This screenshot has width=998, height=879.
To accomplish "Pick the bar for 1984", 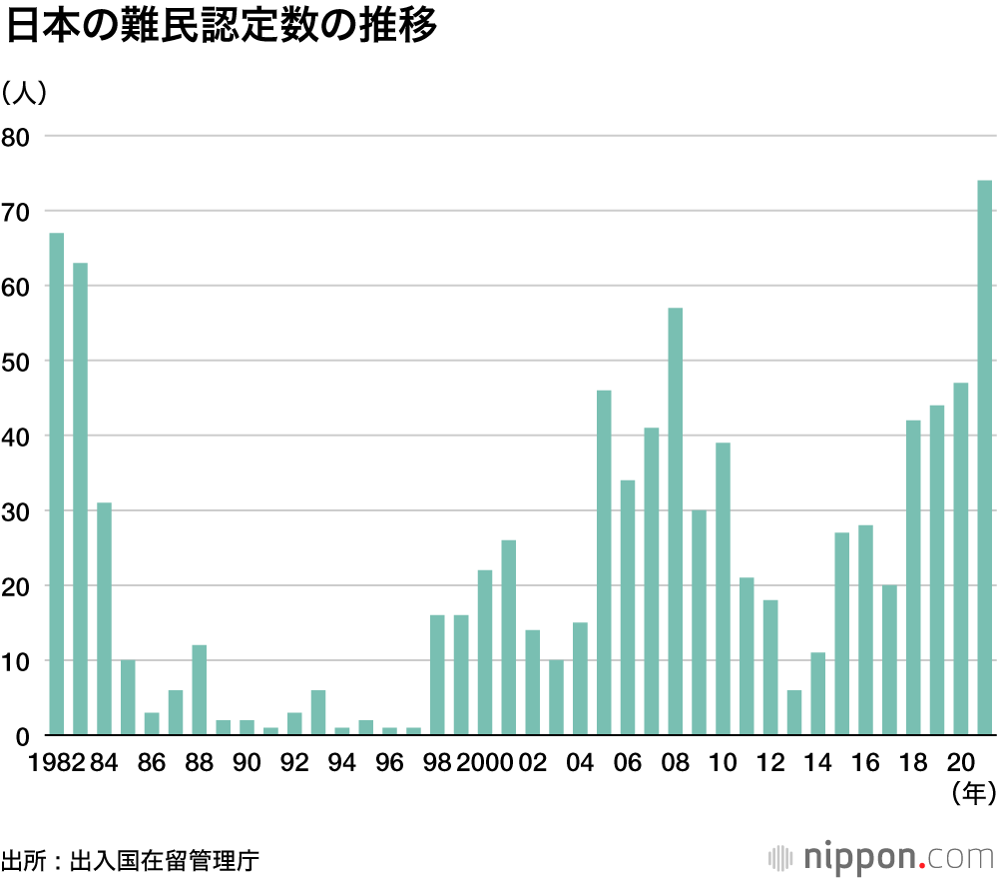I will pos(104,619).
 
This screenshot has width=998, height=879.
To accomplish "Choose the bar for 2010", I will pos(723,589).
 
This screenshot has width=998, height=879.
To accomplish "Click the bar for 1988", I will pos(200,690).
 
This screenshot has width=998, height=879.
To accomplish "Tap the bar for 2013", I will pos(794,713).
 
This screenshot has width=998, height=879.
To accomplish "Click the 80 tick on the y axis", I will pos(17,136).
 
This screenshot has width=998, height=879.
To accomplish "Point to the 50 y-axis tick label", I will pos(17,361).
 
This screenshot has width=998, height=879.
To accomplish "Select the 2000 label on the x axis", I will pos(486,763).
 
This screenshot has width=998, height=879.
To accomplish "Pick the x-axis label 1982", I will pos(56,763).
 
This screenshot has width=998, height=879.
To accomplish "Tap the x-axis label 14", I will pos(818,763).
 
